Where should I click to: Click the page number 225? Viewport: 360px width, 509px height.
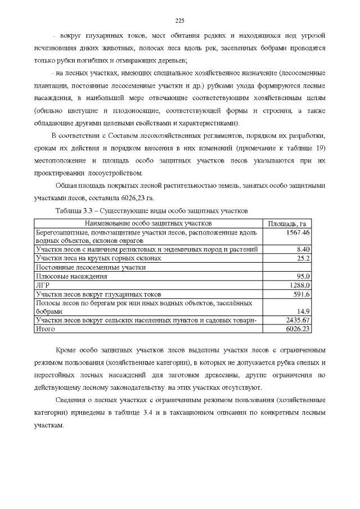click(x=180, y=21)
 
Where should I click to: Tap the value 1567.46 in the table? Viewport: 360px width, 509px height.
click(x=298, y=232)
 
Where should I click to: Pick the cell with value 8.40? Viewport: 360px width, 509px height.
click(x=303, y=249)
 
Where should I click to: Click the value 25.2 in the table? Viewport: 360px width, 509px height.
click(x=304, y=258)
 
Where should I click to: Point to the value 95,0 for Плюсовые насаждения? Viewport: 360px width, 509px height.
click(x=304, y=276)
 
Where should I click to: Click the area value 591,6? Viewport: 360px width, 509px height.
click(x=301, y=294)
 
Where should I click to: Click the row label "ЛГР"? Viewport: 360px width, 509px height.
click(x=42, y=285)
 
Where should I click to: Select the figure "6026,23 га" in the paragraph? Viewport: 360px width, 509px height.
click(x=135, y=197)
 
